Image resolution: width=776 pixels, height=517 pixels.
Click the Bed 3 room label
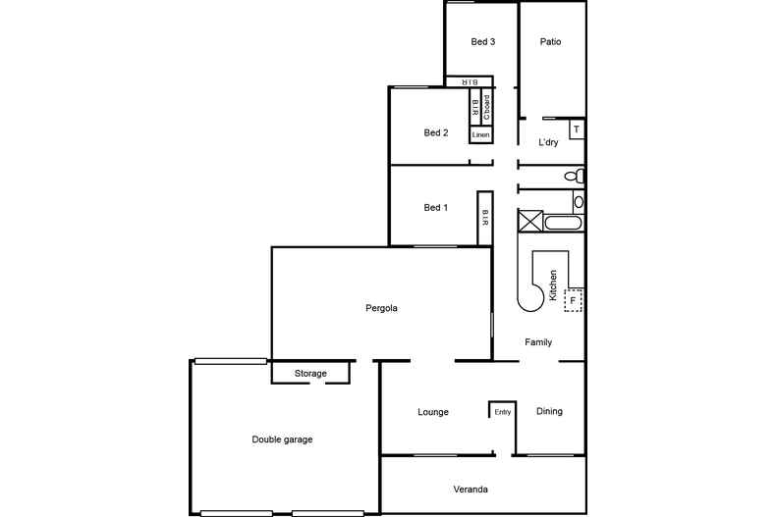[x=482, y=42]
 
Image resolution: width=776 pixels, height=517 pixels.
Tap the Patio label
[x=550, y=42]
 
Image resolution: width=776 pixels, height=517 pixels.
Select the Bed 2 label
[x=436, y=133]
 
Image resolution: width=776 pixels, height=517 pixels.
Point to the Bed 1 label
[x=436, y=208]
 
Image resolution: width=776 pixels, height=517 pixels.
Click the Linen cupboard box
[x=480, y=134]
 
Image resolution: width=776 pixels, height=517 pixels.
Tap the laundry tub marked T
[x=577, y=129]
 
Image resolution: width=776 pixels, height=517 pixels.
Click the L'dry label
[x=549, y=143]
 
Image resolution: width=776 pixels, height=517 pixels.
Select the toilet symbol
[x=577, y=177]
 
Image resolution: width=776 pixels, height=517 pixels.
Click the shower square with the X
[x=530, y=221]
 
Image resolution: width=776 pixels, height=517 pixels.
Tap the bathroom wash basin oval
[x=579, y=202]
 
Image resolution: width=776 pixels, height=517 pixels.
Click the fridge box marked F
[x=573, y=300]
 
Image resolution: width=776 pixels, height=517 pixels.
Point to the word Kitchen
[x=554, y=284]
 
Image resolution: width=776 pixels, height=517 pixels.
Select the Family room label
[x=538, y=342]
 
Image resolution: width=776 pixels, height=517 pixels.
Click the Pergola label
[x=380, y=308]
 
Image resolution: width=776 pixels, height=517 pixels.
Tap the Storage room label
[x=310, y=374]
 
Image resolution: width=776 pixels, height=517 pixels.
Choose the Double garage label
[x=282, y=439]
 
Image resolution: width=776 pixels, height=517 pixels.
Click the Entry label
[x=503, y=412]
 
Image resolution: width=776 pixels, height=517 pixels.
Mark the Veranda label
[x=471, y=490]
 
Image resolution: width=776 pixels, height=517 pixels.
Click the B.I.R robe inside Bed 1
[x=484, y=218]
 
